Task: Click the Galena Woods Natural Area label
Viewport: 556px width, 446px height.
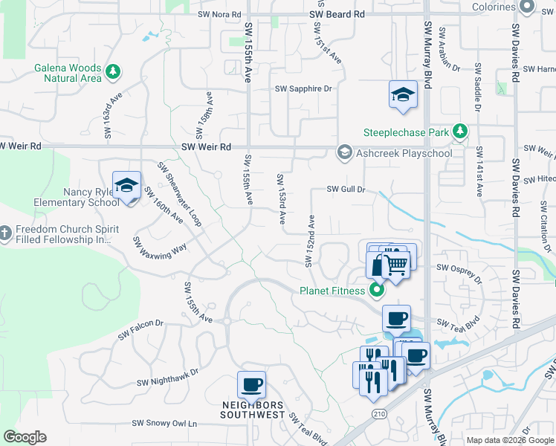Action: pos(67,72)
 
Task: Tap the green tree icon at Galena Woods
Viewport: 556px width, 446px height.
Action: pos(112,72)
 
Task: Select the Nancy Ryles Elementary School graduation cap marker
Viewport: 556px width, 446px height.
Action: pos(126,185)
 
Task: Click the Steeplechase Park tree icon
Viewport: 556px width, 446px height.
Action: pos(460,132)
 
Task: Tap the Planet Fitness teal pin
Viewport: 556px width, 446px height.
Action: pos(376,290)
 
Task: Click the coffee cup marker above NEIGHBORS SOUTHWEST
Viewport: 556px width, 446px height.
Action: pos(251,385)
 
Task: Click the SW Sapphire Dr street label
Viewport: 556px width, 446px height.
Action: pos(303,88)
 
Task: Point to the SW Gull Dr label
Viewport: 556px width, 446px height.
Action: pos(346,190)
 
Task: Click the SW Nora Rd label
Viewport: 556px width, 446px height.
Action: pos(220,14)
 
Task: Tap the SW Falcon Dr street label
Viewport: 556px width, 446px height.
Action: pos(140,330)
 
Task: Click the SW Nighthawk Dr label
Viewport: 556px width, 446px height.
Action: pos(168,377)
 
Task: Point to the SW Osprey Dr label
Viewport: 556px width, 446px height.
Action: pos(460,274)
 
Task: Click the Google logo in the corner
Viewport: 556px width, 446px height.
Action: pos(25,437)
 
